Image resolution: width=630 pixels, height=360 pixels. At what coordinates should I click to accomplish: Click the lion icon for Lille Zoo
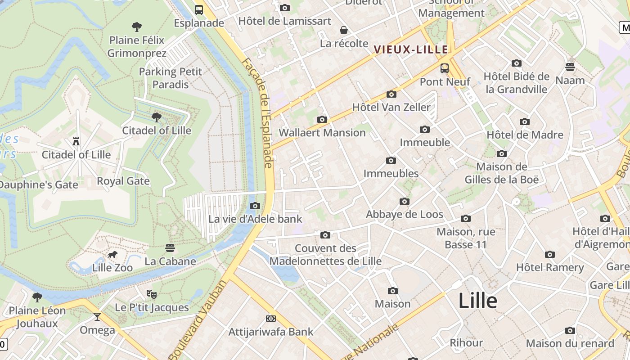coord(112,255)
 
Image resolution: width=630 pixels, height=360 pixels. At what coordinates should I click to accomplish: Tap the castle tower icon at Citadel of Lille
coord(76,141)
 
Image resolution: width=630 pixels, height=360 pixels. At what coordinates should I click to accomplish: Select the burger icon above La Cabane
coord(170,248)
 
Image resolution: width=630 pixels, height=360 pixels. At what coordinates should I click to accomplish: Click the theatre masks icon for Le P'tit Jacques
coord(152,294)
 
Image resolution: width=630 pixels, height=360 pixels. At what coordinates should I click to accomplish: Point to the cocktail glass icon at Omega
coord(97,317)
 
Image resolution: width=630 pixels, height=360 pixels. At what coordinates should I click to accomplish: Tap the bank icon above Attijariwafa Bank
coord(271,319)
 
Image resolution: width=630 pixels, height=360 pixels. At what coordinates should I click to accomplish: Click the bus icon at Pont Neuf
coord(445,68)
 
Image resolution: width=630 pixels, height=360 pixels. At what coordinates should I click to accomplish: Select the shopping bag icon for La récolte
coord(344,30)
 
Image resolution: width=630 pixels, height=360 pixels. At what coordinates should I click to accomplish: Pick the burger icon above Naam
coord(570,67)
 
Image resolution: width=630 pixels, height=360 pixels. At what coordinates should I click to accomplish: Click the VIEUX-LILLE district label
coord(411,49)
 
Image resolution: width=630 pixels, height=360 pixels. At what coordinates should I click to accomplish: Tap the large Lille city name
coord(478,301)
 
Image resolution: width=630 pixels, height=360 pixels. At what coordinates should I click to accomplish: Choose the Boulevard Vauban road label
coord(198,320)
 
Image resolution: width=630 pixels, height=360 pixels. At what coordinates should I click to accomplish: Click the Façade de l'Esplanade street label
coord(258,112)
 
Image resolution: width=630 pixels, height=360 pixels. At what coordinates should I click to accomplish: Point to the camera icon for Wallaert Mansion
coord(322,119)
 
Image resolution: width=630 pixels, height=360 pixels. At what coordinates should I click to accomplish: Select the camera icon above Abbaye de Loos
coord(405,201)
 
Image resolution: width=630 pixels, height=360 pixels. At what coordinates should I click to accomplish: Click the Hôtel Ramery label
coord(550,268)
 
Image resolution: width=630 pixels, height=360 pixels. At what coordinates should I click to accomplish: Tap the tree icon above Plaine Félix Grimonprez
coord(137,27)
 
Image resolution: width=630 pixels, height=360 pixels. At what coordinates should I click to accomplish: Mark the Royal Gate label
coord(123,181)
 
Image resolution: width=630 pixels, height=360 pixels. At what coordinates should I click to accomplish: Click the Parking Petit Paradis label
coord(171,78)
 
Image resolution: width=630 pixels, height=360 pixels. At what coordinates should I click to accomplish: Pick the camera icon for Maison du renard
coord(570,331)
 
